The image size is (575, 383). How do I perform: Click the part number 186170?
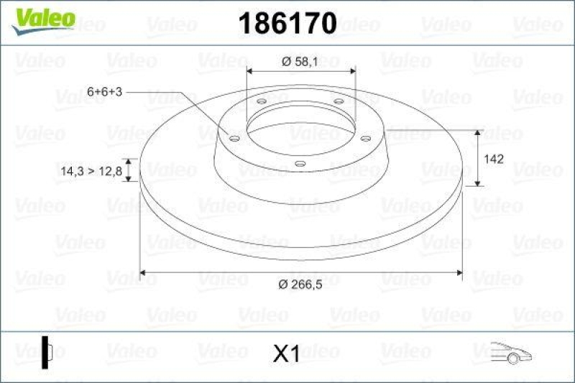(x=287, y=24)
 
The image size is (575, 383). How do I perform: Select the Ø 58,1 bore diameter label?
(x=300, y=62)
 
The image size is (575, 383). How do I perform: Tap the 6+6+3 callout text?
(x=104, y=92)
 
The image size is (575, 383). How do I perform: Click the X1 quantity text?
(x=286, y=354)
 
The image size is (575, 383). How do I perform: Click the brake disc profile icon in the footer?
(x=47, y=352)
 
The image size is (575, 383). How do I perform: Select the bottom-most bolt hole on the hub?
(x=300, y=164)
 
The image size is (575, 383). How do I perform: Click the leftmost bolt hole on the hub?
(x=234, y=138)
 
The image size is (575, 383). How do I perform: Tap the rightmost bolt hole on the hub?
(x=365, y=138)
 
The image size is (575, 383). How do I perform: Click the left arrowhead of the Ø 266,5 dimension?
(x=142, y=272)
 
